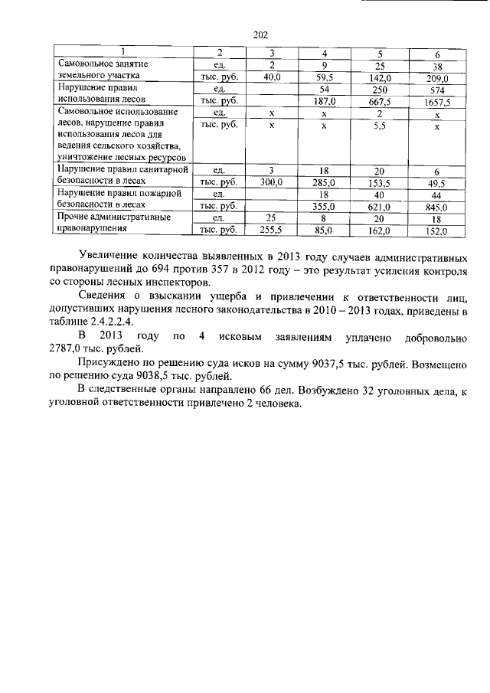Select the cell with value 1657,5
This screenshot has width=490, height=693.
tap(436, 101)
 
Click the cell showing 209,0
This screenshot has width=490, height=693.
tap(436, 77)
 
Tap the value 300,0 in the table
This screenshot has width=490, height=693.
tap(272, 183)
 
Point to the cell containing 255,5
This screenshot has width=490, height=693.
tap(272, 230)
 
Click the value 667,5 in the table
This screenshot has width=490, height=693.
tap(380, 101)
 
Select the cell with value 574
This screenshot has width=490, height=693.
tap(436, 90)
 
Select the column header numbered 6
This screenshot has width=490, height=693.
tap(436, 54)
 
